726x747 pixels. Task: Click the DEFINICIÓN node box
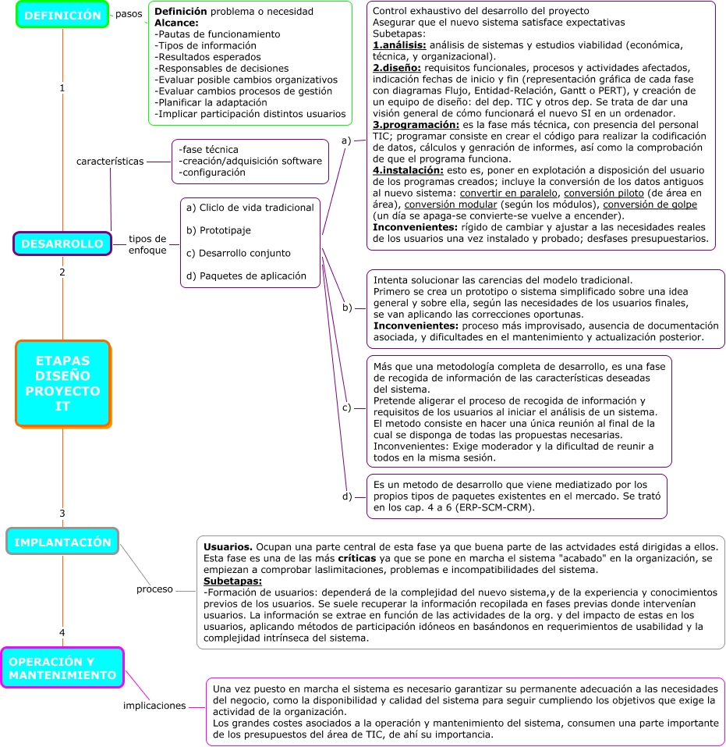pyautogui.click(x=62, y=15)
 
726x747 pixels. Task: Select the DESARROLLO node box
pyautogui.click(x=62, y=244)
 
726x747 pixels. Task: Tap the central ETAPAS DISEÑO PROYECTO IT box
pyautogui.click(x=62, y=383)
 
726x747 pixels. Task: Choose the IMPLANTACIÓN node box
pyautogui.click(x=62, y=541)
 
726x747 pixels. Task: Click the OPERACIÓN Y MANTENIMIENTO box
pyautogui.click(x=62, y=667)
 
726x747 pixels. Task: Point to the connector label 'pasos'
pyautogui.click(x=129, y=13)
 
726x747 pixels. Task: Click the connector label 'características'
pyautogui.click(x=110, y=161)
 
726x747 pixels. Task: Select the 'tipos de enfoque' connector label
pyautogui.click(x=147, y=244)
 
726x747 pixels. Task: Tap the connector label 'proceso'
pyautogui.click(x=154, y=589)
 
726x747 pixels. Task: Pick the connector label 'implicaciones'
pyautogui.click(x=154, y=706)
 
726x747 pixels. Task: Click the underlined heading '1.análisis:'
pyautogui.click(x=399, y=45)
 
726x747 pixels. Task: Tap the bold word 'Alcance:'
pyautogui.click(x=177, y=23)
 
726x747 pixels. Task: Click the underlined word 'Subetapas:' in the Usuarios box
pyautogui.click(x=232, y=581)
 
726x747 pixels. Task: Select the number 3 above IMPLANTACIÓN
pyautogui.click(x=62, y=514)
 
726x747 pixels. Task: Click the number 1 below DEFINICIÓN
pyautogui.click(x=62, y=88)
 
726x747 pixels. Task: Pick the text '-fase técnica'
pyautogui.click(x=208, y=149)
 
